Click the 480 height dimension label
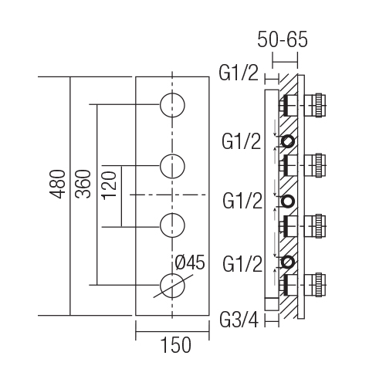tap(57, 184)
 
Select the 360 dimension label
tap(83, 184)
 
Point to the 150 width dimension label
tap(176, 345)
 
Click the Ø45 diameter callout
tap(190, 262)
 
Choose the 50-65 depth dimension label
tap(283, 39)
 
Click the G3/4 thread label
tap(239, 320)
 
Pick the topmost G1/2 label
tap(239, 73)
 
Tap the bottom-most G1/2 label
tap(242, 264)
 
